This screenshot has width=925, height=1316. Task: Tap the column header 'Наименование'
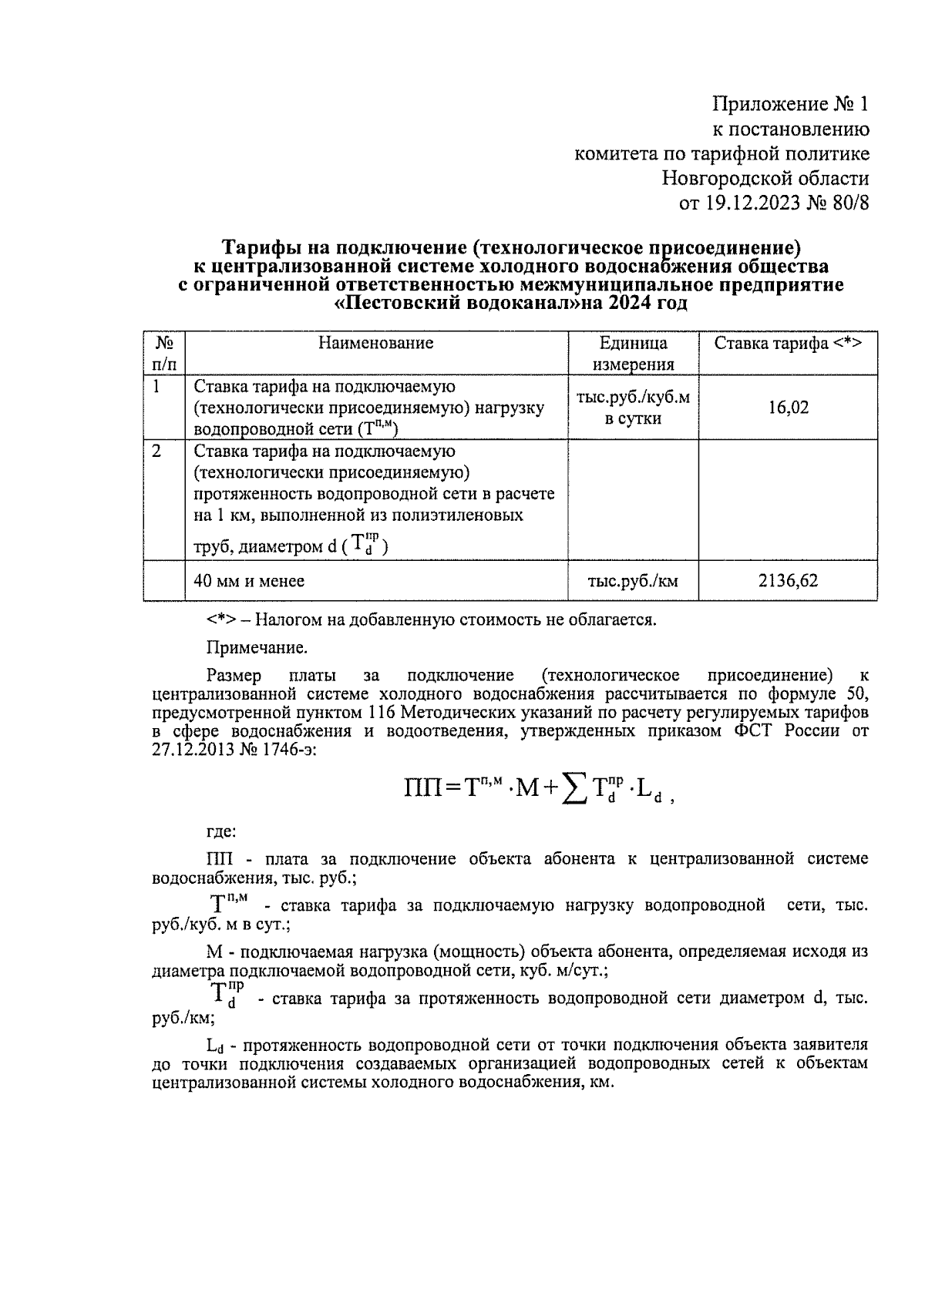click(376, 344)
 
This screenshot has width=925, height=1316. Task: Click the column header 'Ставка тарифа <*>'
click(787, 344)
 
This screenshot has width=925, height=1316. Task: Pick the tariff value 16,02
click(788, 408)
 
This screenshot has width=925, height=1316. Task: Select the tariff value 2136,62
click(787, 581)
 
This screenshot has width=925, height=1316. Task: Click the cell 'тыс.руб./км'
click(633, 581)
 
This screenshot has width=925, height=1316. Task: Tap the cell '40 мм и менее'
click(249, 581)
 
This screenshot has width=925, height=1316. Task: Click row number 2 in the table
click(156, 452)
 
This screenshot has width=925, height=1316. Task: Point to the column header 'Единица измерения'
click(633, 354)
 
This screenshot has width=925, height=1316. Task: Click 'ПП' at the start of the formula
click(422, 788)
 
